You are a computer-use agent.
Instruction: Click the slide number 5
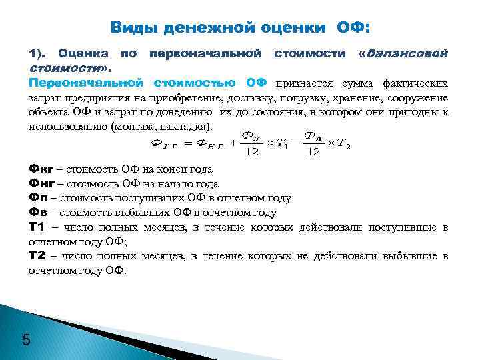[26, 341]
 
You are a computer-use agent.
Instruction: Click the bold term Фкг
[41, 169]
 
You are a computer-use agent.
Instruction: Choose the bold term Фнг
[41, 183]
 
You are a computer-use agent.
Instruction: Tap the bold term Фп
[39, 198]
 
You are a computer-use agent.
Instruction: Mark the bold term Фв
[39, 213]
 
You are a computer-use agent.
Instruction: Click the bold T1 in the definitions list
[36, 227]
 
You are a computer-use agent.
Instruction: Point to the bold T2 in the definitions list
[36, 256]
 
